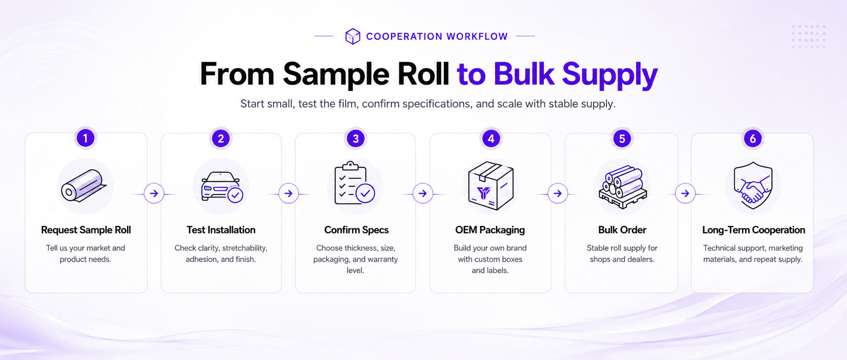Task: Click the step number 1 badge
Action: (85, 138)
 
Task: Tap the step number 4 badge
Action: (491, 138)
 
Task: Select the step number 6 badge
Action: (753, 138)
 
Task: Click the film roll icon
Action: (84, 186)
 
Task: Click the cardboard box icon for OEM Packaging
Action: (490, 186)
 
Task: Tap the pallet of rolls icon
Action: (622, 187)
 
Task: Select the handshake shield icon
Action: (753, 185)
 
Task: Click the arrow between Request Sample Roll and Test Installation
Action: (154, 193)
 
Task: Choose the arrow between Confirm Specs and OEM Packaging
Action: (423, 193)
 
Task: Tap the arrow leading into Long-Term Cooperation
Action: (685, 193)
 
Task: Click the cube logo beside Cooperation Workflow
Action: (353, 36)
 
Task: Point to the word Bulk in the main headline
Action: (524, 74)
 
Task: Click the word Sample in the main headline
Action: (336, 74)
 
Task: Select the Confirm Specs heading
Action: (356, 230)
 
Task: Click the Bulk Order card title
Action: (622, 230)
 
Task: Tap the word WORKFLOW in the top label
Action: (477, 37)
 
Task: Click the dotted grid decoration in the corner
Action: (808, 37)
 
